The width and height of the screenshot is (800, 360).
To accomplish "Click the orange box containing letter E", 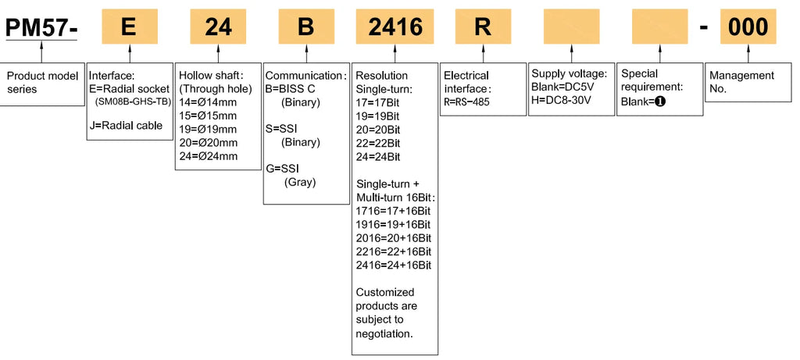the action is click(x=130, y=27).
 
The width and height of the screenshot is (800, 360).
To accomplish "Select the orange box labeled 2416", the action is click(x=395, y=27).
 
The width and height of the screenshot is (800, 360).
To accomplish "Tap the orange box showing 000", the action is click(x=748, y=27).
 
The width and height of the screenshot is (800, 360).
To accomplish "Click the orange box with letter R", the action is click(x=483, y=27).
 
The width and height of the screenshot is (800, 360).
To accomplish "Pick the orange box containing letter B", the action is click(x=306, y=27).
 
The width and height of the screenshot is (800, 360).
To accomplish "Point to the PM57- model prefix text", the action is click(x=41, y=27).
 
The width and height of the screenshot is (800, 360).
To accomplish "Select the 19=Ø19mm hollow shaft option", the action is click(x=208, y=130).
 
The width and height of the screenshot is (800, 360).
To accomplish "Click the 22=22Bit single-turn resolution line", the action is click(x=378, y=143).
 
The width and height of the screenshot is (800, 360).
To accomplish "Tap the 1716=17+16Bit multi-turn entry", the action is click(x=394, y=211).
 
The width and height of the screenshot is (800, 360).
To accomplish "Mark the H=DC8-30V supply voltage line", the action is click(x=561, y=99).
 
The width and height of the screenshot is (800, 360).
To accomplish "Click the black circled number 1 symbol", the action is click(x=660, y=102).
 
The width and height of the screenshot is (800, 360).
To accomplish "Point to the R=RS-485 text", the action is click(x=466, y=102).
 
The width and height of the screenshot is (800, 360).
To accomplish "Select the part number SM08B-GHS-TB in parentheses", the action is click(x=133, y=102).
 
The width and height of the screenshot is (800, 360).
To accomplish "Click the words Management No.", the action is click(x=742, y=81).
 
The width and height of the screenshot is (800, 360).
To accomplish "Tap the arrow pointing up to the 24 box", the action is click(x=218, y=54).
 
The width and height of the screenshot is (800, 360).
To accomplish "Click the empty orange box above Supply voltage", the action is click(x=571, y=27).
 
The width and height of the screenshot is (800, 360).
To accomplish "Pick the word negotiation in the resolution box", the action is click(x=384, y=334).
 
